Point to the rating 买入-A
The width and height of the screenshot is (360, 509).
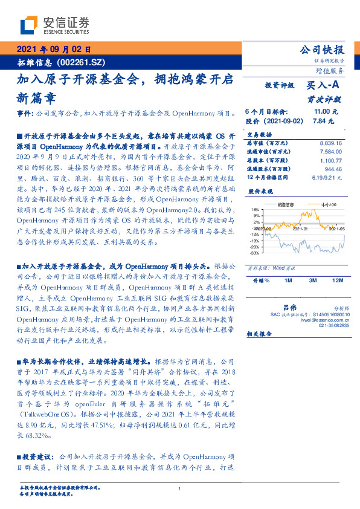(x=323, y=86)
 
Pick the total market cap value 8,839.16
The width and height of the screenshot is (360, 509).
(x=330, y=143)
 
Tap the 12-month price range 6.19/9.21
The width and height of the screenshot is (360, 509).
(x=328, y=178)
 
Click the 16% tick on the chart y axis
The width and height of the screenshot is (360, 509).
(x=256, y=209)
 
